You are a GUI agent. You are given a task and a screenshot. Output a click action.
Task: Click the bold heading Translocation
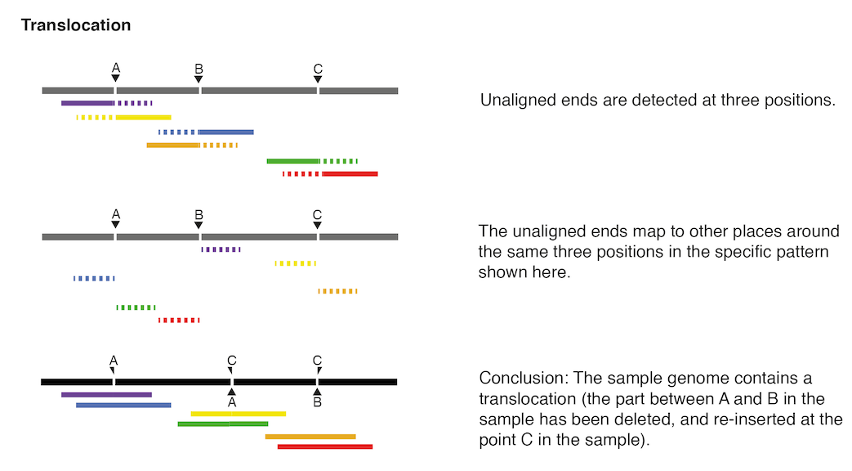tap(76, 25)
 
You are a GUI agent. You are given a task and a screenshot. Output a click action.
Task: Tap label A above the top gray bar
tap(116, 67)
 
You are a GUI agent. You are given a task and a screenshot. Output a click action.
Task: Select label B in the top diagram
tap(199, 67)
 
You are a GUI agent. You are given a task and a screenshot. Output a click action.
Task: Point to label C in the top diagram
tap(318, 67)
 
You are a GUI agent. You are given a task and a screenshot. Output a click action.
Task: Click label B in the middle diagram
tap(199, 214)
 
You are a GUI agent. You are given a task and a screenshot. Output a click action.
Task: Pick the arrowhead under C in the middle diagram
tap(318, 226)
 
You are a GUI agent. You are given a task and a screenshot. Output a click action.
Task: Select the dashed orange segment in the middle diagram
tap(338, 291)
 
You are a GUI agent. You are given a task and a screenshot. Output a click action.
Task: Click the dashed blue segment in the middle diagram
tap(94, 278)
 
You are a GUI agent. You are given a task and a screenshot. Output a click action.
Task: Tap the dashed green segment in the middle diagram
tap(136, 307)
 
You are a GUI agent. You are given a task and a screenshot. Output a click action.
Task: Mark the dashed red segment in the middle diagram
tap(179, 320)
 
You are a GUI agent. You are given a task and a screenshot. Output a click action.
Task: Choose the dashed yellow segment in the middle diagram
tap(296, 263)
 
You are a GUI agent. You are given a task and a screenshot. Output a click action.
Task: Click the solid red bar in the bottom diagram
tap(325, 446)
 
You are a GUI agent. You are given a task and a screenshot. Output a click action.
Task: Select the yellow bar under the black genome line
tap(238, 414)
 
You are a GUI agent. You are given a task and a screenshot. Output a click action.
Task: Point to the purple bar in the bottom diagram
tap(106, 394)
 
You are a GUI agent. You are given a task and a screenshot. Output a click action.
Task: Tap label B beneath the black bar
tap(318, 402)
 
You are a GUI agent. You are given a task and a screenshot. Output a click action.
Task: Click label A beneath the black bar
tap(232, 402)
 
